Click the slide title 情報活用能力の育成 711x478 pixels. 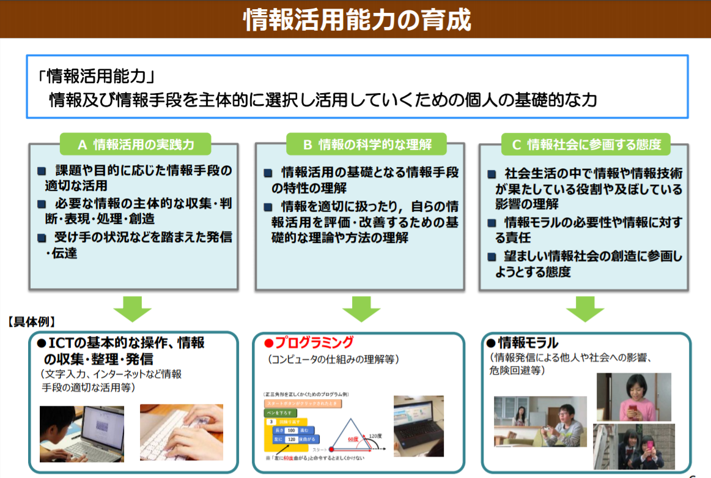click(357, 20)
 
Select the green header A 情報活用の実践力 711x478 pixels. click(135, 144)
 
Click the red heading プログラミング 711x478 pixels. click(313, 342)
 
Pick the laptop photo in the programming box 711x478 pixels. click(418, 427)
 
